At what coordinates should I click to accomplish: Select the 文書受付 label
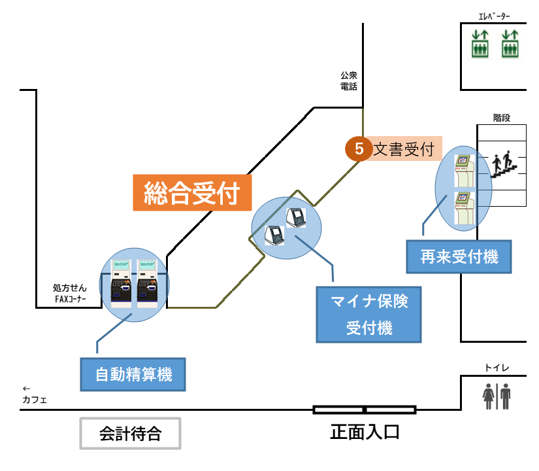[404, 149]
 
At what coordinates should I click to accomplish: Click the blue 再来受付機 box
[459, 256]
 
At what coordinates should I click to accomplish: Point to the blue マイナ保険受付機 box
[369, 315]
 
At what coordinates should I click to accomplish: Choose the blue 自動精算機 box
[133, 375]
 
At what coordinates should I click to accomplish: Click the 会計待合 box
[129, 433]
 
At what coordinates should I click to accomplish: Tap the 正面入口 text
[365, 432]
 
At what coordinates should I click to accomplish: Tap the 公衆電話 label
[349, 80]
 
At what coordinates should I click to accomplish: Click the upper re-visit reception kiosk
[463, 169]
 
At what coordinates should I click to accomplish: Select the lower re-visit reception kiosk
[463, 207]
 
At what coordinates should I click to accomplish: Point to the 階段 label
[501, 118]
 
